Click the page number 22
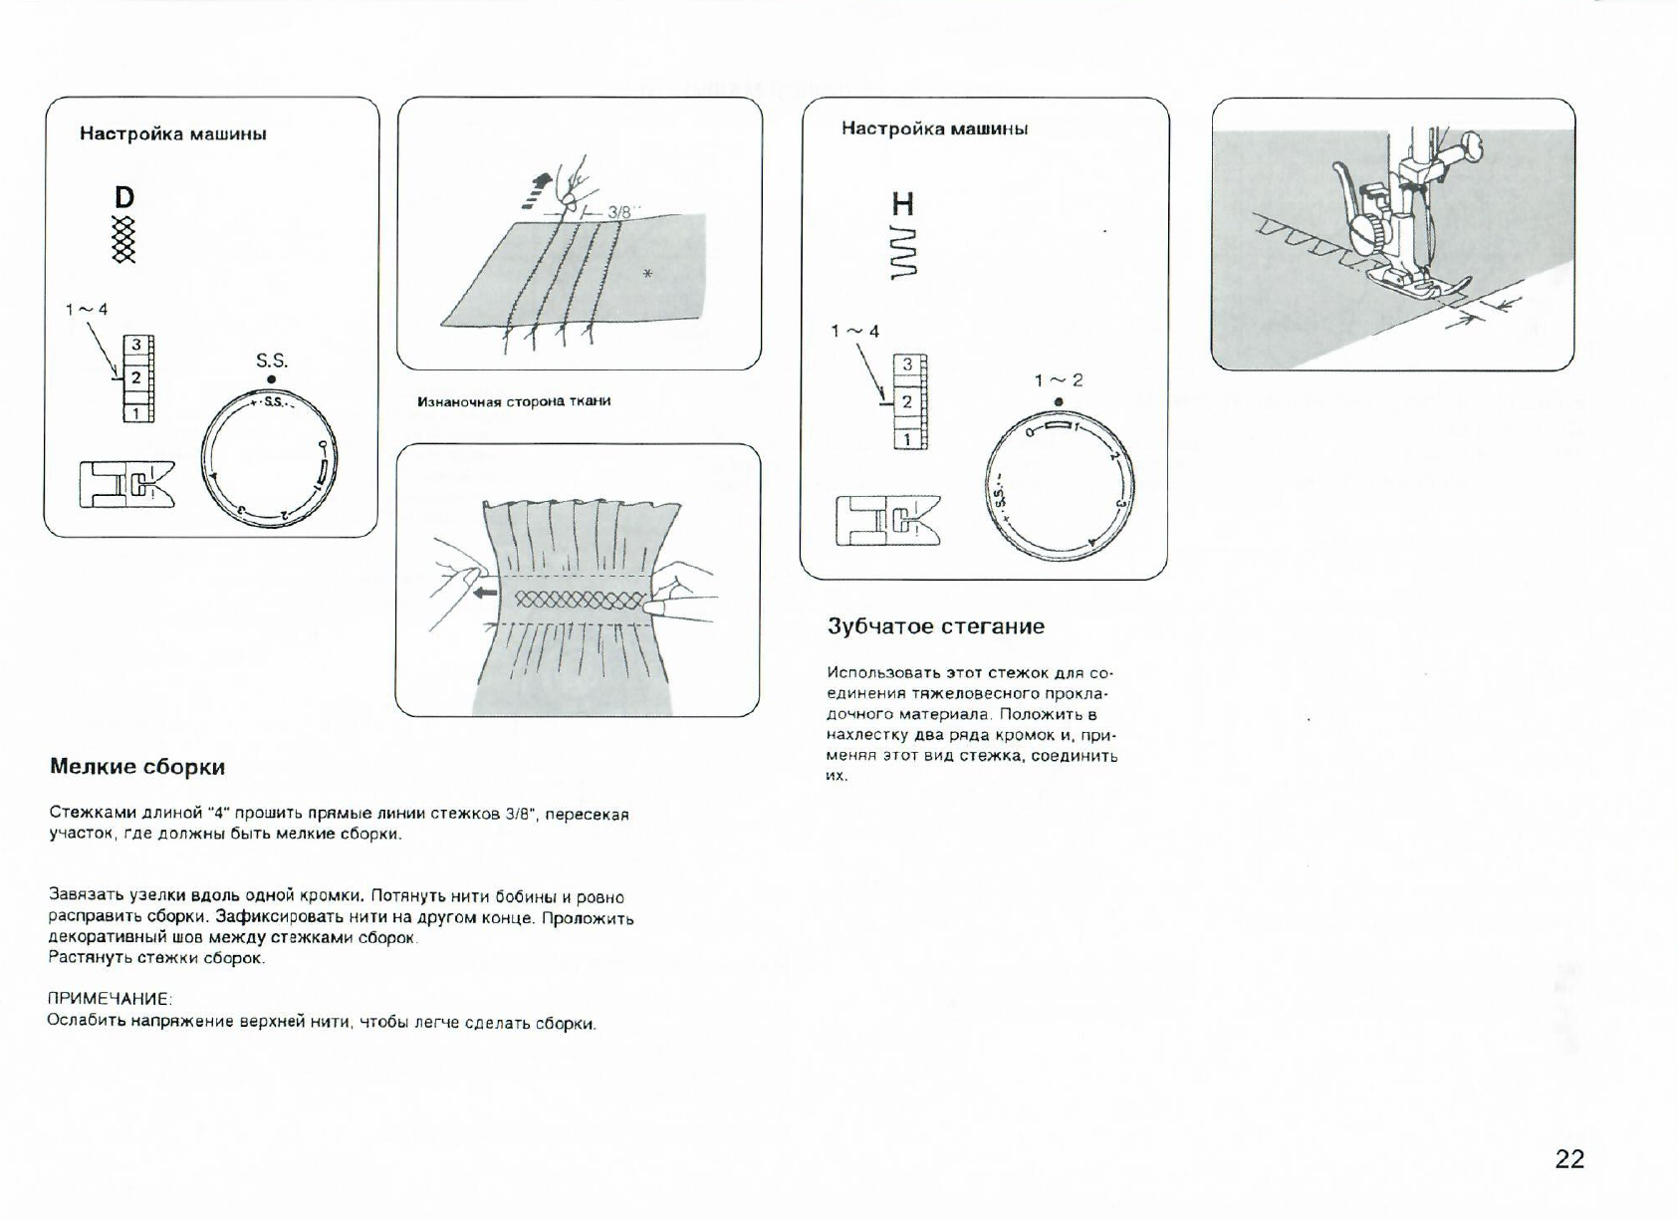point(1568,1158)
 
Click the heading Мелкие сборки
point(137,767)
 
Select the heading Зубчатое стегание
point(935,626)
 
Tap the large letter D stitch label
point(124,197)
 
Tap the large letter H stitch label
point(902,205)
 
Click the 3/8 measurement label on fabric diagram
point(619,212)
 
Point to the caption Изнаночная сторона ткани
point(514,401)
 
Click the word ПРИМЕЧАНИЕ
point(110,998)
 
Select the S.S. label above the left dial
point(271,362)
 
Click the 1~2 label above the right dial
point(1058,380)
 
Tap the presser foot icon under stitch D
point(125,484)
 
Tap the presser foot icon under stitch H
point(887,520)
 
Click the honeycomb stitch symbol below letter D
point(123,240)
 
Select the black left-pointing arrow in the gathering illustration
point(485,593)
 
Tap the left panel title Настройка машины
point(172,134)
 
